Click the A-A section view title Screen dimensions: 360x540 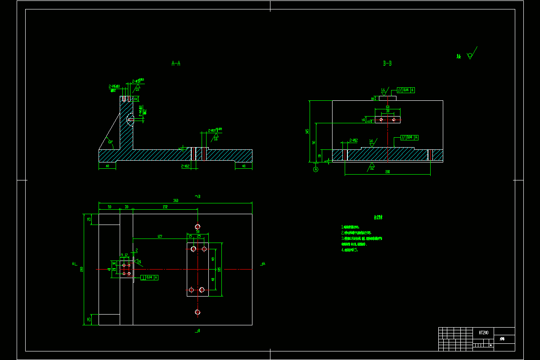(176, 63)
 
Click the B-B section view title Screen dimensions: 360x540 (387, 63)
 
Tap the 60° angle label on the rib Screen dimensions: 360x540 (110, 142)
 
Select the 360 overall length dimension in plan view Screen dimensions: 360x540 (175, 201)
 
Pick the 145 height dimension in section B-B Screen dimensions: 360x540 (307, 131)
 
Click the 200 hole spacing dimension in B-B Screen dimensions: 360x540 (387, 172)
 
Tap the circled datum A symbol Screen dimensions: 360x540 (315, 169)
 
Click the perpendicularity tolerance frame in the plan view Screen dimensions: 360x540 (150, 278)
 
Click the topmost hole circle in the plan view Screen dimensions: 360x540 (198, 226)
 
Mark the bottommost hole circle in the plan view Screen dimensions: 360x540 (198, 312)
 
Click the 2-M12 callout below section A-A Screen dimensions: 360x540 (185, 166)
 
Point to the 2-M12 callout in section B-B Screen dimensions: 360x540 (354, 140)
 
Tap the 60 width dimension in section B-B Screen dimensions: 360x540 (387, 107)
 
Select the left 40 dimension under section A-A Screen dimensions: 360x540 (107, 166)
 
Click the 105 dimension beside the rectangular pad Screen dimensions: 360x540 (219, 270)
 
